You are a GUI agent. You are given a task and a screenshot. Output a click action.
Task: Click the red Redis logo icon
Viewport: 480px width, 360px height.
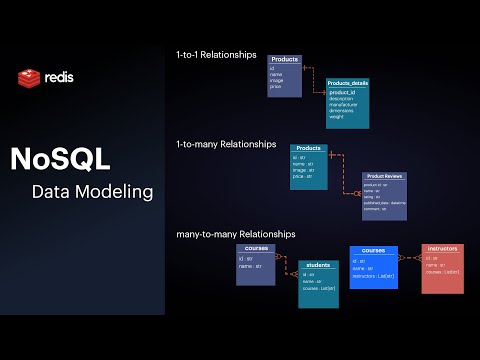pos(27,77)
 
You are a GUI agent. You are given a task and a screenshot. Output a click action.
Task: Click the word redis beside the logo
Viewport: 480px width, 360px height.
pos(58,77)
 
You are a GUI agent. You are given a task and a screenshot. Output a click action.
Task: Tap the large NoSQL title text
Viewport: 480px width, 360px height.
pos(60,158)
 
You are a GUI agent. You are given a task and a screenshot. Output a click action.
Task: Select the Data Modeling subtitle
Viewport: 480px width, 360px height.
pos(92,190)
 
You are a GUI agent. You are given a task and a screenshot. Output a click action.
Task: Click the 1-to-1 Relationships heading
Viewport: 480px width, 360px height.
pos(215,54)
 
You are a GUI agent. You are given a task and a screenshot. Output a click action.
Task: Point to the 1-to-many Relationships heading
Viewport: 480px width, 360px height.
pos(225,144)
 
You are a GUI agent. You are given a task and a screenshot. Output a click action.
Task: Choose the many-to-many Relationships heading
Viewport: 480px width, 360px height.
pos(235,233)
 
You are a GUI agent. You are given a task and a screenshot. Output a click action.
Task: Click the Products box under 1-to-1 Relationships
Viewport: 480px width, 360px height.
pos(285,75)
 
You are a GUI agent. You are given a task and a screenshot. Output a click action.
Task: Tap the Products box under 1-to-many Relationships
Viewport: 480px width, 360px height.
pos(309,164)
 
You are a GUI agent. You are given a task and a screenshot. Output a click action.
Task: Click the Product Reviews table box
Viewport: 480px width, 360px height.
pos(384,195)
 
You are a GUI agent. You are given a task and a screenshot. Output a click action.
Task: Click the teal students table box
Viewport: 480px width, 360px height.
pos(318,283)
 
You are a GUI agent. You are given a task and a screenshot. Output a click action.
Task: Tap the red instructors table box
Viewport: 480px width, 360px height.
pos(442,268)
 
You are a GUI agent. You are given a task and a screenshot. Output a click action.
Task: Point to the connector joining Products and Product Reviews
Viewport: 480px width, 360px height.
pos(345,170)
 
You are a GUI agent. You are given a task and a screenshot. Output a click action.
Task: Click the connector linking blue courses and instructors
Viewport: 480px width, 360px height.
pos(410,262)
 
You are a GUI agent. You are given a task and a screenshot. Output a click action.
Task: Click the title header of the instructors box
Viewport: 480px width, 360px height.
pos(442,248)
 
